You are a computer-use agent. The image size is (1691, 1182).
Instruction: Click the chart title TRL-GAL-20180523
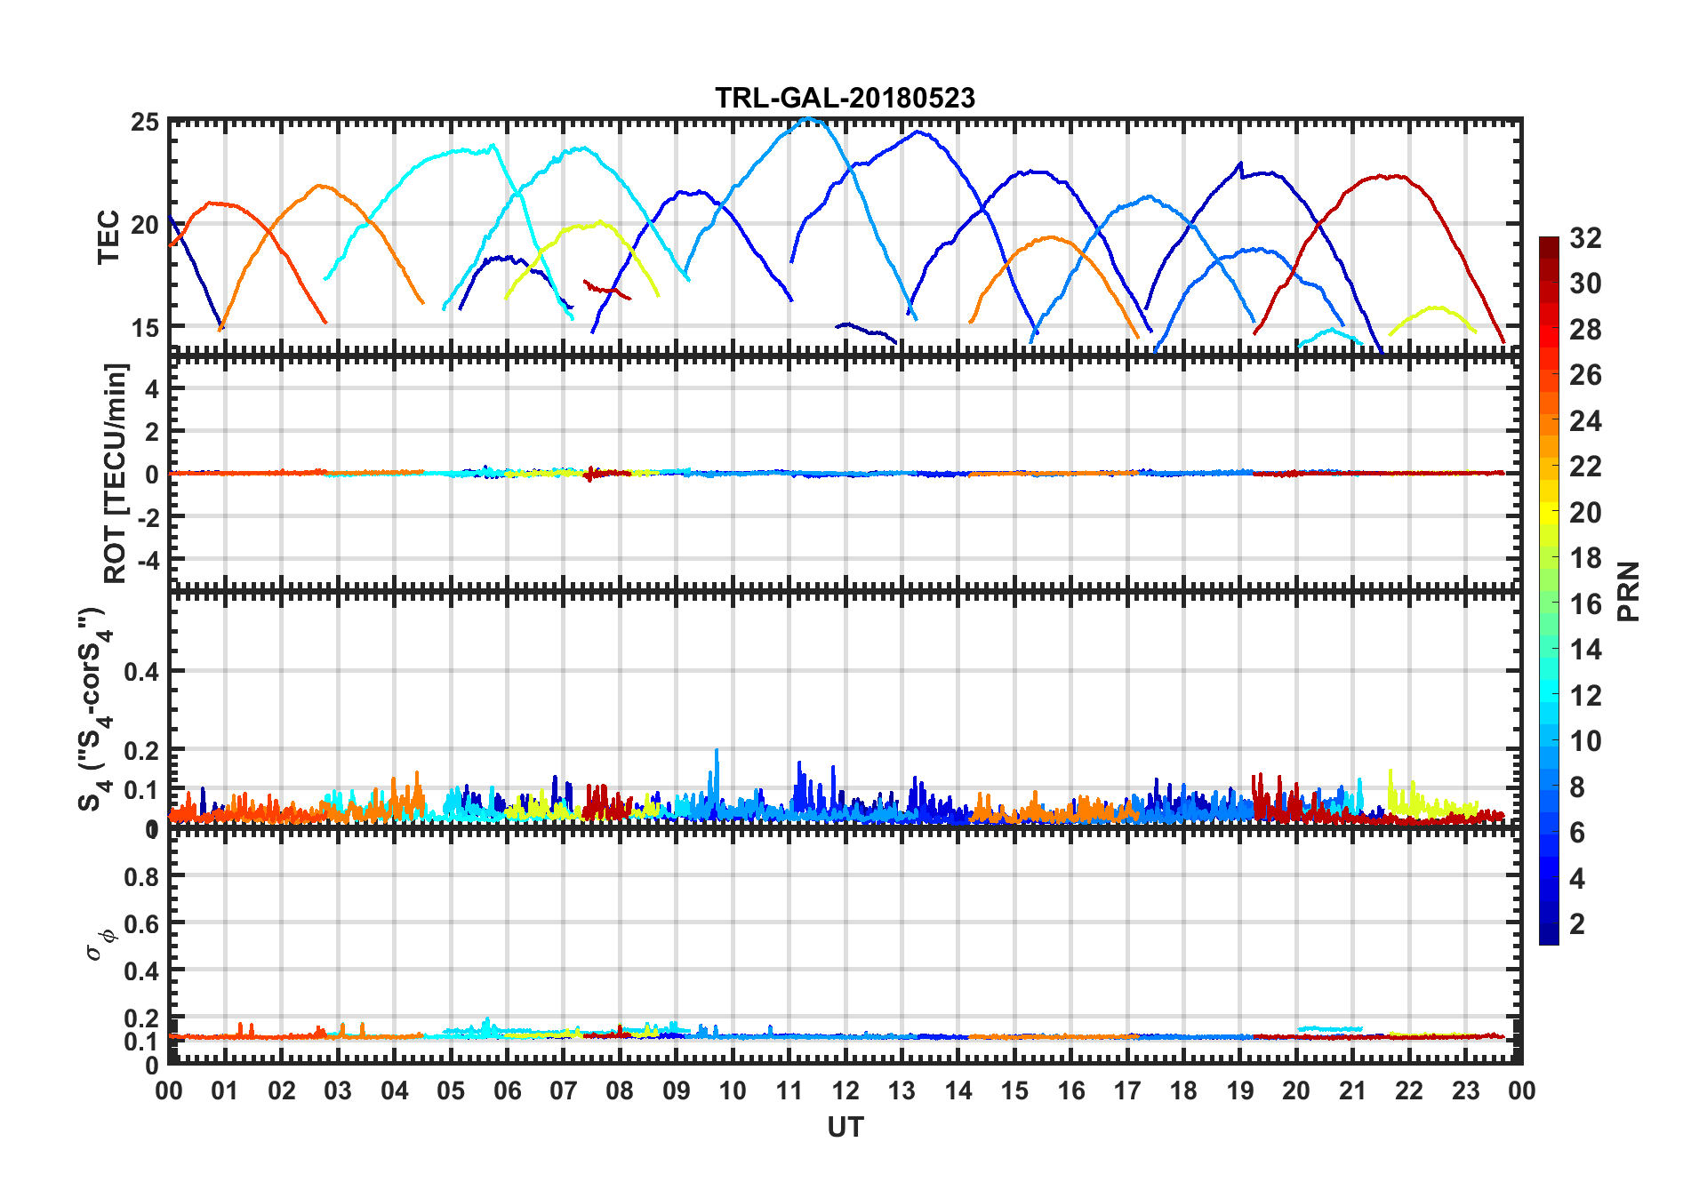pos(845,98)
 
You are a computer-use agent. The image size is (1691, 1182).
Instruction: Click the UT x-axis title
pos(845,1127)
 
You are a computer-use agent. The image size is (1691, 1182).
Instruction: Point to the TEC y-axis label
pos(108,236)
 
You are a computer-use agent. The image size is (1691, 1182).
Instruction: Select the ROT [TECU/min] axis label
pos(116,473)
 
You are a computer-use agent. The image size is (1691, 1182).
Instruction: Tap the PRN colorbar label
pos(1629,591)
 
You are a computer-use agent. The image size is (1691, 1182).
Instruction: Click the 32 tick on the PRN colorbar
pos(1585,238)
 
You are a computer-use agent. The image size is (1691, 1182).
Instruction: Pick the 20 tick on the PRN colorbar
pos(1585,513)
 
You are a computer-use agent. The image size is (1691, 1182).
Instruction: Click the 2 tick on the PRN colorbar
pos(1577,924)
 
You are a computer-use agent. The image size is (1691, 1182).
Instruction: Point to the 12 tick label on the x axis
pos(845,1090)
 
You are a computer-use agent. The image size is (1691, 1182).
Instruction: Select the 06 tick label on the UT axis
pos(507,1090)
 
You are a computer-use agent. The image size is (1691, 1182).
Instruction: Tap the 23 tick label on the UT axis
pos(1465,1090)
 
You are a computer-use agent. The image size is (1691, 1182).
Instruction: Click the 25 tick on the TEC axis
pos(145,122)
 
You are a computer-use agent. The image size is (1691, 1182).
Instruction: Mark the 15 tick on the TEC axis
pos(145,327)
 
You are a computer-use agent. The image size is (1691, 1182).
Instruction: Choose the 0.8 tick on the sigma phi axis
pos(142,876)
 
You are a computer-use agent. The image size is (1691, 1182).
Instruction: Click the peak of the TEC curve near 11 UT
pos(808,118)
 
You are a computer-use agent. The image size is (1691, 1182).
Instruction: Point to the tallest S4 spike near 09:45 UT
pos(717,751)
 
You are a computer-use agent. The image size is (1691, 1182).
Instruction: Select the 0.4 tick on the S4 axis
pos(142,671)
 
